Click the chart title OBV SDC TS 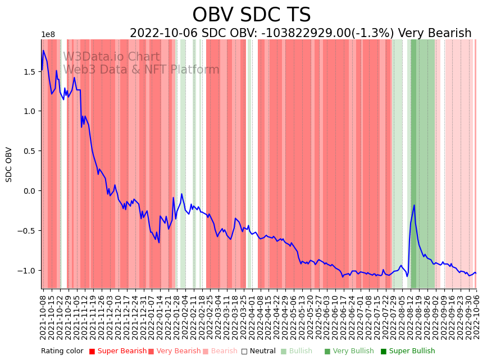(x=251, y=15)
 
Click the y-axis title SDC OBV (x=9, y=164)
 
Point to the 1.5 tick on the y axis (x=29, y=72)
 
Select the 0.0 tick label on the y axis (x=29, y=191)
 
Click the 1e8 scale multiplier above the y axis (x=48, y=35)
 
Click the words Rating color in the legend (x=62, y=351)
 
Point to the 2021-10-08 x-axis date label (x=43, y=315)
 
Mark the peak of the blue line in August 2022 (x=414, y=206)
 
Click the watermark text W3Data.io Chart (x=111, y=57)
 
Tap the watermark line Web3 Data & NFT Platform (x=141, y=70)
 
